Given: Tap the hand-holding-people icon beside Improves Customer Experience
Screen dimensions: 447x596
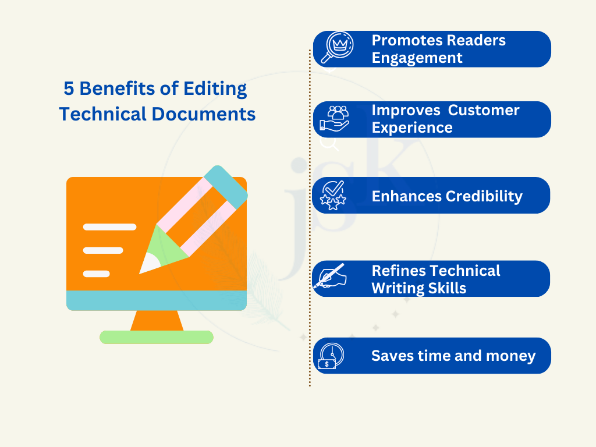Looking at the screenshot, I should click(x=334, y=118).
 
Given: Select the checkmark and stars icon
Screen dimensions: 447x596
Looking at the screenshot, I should click(x=334, y=195).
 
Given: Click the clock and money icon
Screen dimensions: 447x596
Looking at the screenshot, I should click(x=331, y=356).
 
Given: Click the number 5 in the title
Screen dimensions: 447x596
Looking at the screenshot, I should click(x=69, y=89).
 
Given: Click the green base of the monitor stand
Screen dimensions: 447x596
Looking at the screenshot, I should click(x=156, y=337).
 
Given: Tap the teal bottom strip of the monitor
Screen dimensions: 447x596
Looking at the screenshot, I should click(x=156, y=300).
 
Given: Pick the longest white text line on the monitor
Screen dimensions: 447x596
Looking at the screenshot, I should click(x=109, y=227).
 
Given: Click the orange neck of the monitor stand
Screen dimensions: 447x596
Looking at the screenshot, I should click(x=156, y=321).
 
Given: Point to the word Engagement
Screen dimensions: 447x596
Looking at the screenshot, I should click(x=417, y=58).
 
